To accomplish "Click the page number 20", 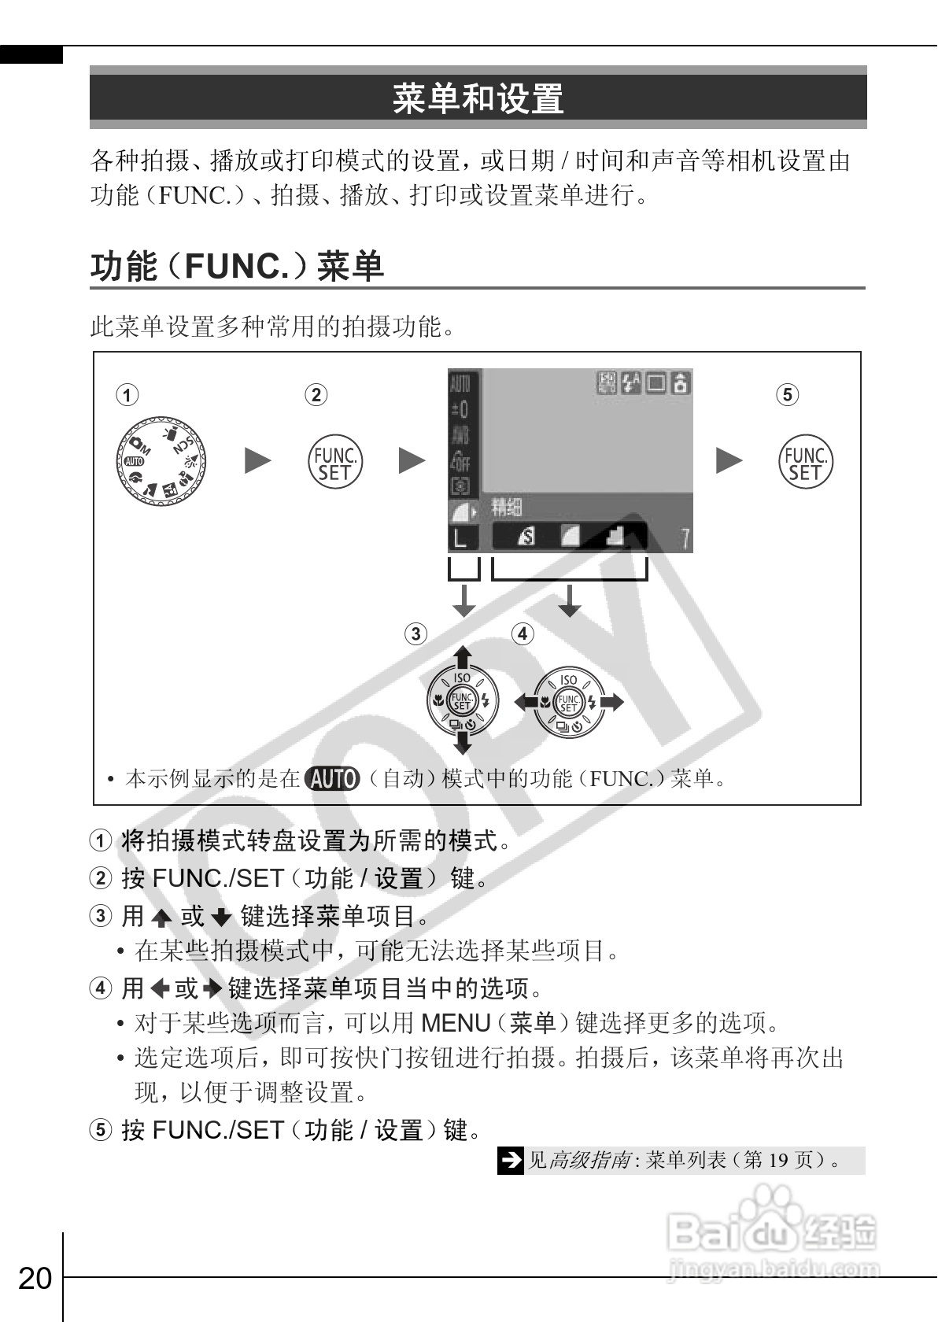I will tap(35, 1278).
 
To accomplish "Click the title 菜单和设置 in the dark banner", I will tap(478, 98).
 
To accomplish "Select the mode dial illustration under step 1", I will tap(163, 462).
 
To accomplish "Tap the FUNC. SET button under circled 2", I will tap(334, 462).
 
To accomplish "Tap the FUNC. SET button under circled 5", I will tap(805, 462).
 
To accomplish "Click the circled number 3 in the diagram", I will tap(415, 633).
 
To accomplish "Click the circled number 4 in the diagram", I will tap(522, 633).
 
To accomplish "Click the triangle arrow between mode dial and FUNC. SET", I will tap(257, 461).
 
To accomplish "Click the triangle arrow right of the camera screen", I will tap(729, 461).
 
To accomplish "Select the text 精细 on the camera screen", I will tap(507, 508).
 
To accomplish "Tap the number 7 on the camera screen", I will tap(685, 539).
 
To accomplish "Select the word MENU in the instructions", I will tap(456, 1023).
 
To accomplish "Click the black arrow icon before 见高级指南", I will tap(511, 1160).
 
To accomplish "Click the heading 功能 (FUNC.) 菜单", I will tap(237, 266).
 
